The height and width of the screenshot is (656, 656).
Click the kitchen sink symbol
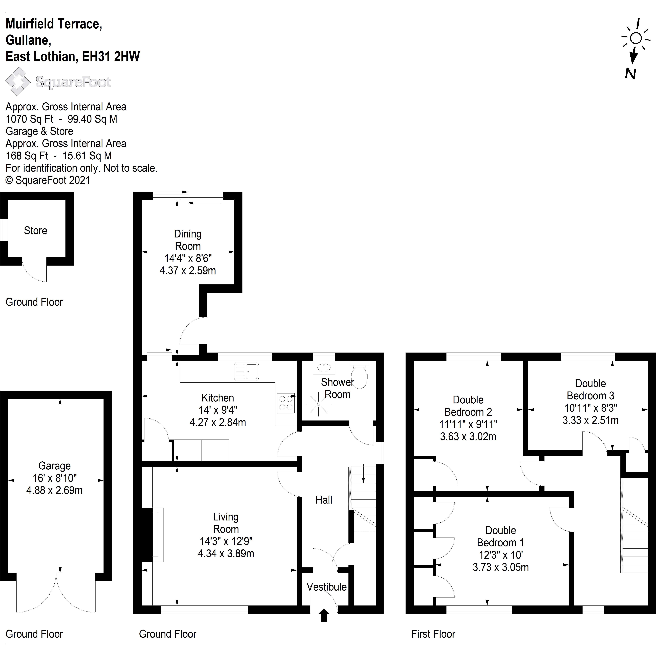247,371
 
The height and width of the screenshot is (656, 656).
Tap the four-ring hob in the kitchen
286,403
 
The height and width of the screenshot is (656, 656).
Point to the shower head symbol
319,404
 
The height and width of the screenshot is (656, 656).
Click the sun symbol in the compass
636,38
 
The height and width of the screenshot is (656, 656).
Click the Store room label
35,231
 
